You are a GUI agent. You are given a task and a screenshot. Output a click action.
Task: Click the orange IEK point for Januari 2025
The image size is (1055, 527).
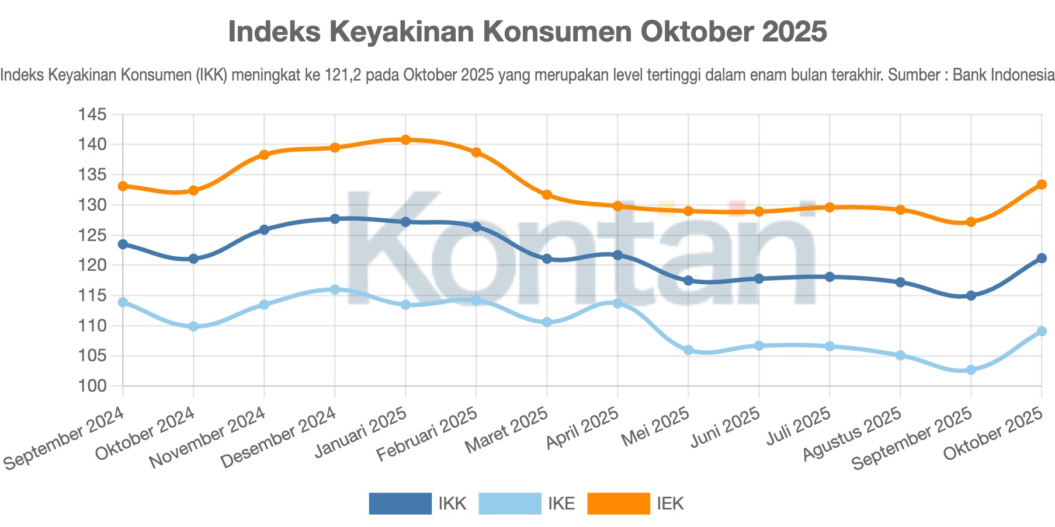pyautogui.click(x=405, y=139)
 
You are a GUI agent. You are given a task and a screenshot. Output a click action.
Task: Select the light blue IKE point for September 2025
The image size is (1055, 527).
pyautogui.click(x=971, y=370)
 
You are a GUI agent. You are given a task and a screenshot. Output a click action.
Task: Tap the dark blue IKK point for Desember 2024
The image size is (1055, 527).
pyautogui.click(x=335, y=219)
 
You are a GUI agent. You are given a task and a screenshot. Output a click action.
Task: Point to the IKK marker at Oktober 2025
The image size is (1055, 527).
pyautogui.click(x=1042, y=258)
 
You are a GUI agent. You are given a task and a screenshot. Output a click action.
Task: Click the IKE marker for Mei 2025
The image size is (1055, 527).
pyautogui.click(x=688, y=350)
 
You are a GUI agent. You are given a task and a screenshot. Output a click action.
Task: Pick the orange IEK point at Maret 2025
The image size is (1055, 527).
pyautogui.click(x=547, y=194)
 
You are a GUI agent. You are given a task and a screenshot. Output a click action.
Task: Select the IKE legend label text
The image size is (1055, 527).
pyautogui.click(x=561, y=504)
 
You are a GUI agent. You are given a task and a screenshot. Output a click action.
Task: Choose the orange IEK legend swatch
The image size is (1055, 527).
pyautogui.click(x=619, y=504)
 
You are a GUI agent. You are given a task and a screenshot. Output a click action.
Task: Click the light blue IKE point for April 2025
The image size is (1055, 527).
pyautogui.click(x=617, y=303)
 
